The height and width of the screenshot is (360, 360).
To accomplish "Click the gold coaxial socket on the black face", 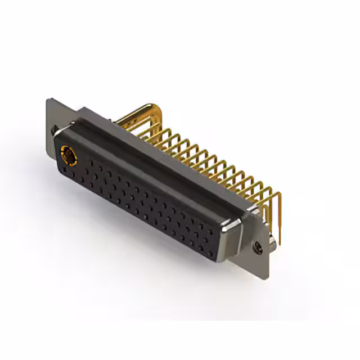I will (x=67, y=152).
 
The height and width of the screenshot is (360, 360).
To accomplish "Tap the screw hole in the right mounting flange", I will (x=259, y=245).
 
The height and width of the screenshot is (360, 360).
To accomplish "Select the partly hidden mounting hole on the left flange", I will (x=54, y=130).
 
